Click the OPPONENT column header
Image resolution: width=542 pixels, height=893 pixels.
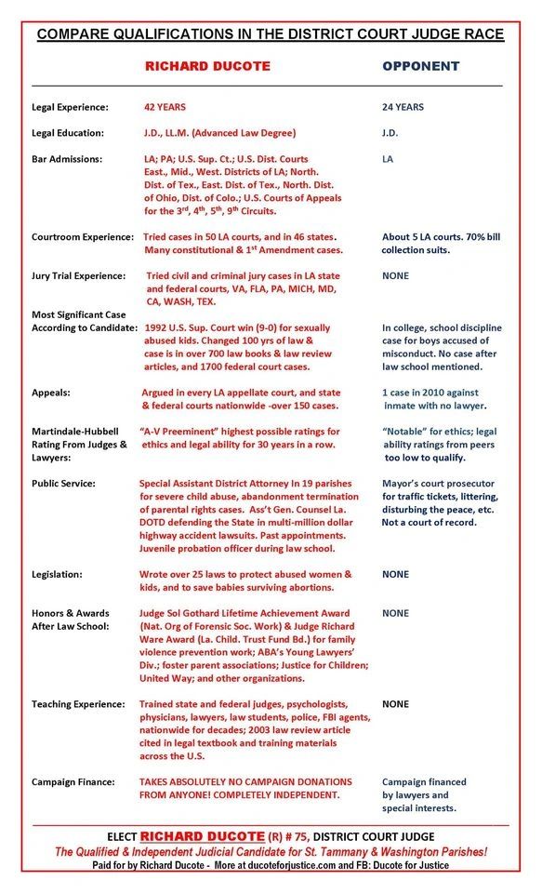(x=421, y=66)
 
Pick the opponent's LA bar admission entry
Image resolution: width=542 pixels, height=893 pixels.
(x=388, y=159)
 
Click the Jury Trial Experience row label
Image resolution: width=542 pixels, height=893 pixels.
(x=79, y=276)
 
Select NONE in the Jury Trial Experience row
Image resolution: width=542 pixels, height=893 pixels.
(x=395, y=276)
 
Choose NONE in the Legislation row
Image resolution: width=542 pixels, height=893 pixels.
(x=395, y=574)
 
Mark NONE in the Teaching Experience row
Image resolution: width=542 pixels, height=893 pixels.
(x=395, y=704)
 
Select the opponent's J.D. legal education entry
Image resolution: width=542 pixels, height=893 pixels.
(x=390, y=133)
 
